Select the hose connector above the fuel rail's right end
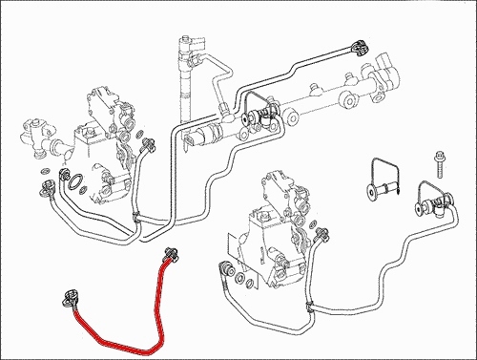[x=359, y=47]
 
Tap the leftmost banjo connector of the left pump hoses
[x=43, y=189]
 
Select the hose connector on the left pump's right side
[x=148, y=145]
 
